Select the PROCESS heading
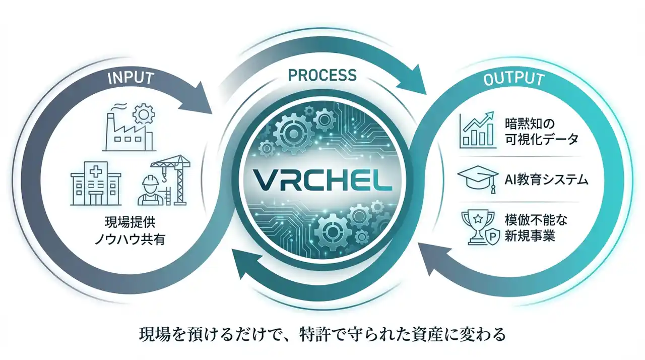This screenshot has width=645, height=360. pos(322,75)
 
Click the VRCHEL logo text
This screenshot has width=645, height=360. pos(322,179)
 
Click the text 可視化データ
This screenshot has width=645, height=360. pos(541,140)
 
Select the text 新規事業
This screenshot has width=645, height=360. pos(530,235)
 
